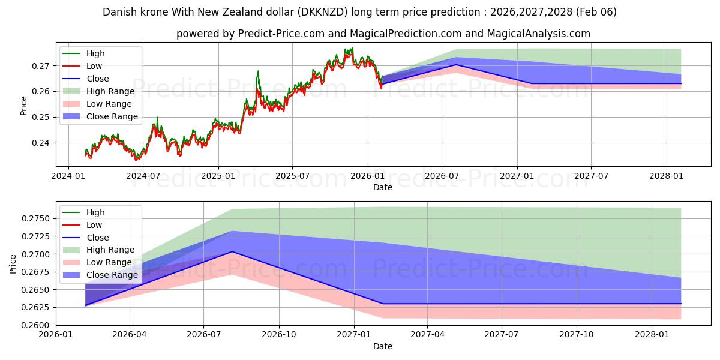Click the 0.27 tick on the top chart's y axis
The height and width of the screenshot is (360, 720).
coord(43,65)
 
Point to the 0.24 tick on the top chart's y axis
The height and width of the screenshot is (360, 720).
coord(43,143)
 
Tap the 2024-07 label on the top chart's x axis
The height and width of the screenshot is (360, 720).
coord(143,176)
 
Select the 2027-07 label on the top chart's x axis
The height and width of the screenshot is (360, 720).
coord(591,176)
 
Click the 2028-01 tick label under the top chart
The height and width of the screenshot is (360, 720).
coord(666,176)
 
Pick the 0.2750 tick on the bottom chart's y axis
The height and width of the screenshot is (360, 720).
coord(35,219)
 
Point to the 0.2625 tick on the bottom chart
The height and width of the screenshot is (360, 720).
coord(35,307)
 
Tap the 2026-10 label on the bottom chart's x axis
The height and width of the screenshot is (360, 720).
coord(280,335)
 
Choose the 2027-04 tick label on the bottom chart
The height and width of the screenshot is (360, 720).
coord(428,335)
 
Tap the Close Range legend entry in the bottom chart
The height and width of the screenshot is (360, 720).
coord(112,275)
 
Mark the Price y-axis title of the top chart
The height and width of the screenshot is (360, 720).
coord(24,106)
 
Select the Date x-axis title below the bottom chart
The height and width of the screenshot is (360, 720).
coord(383,346)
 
